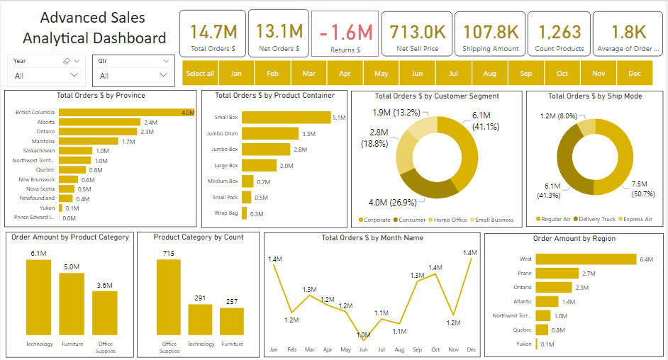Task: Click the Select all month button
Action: pyautogui.click(x=200, y=73)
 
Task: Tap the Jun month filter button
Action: pyautogui.click(x=417, y=73)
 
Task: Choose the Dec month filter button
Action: pyautogui.click(x=634, y=73)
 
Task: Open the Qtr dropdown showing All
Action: pyautogui.click(x=133, y=75)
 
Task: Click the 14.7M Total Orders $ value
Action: pyautogui.click(x=213, y=32)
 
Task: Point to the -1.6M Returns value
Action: pyautogui.click(x=345, y=33)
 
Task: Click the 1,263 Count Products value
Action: pyautogui.click(x=560, y=32)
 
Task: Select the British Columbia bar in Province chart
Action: pyautogui.click(x=126, y=112)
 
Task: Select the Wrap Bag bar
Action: pyautogui.click(x=245, y=213)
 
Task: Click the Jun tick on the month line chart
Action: pyautogui.click(x=363, y=349)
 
